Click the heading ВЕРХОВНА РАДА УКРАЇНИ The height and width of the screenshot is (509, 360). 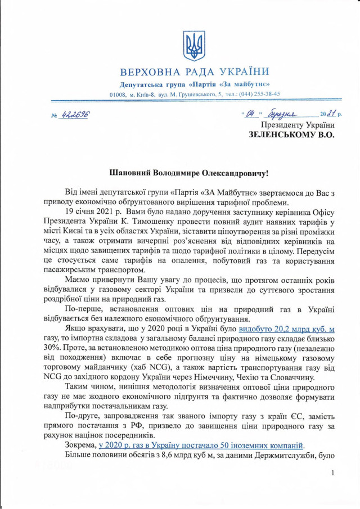[195, 71]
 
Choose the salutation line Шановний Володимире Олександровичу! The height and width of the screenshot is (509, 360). [195, 177]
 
